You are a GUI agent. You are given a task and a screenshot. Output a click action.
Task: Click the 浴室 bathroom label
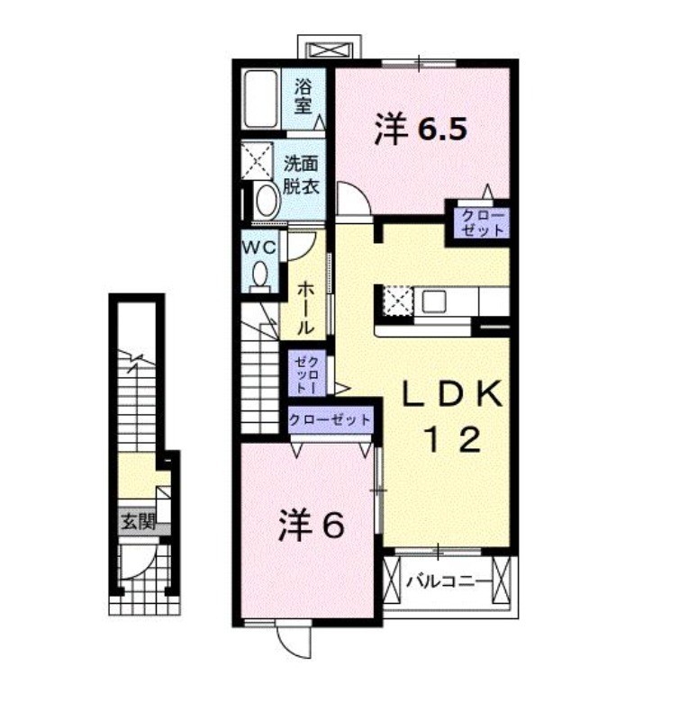click(304, 95)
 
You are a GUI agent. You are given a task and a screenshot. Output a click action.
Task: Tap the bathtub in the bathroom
click(260, 99)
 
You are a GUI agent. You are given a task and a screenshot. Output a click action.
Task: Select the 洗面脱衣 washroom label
click(301, 175)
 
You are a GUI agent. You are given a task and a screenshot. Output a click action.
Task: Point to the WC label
click(259, 247)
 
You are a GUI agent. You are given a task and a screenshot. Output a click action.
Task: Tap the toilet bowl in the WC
click(260, 274)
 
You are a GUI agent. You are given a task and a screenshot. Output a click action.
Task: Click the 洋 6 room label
click(311, 525)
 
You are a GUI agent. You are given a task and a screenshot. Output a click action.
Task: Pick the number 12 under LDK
click(454, 439)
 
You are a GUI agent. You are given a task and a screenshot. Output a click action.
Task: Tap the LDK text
click(452, 394)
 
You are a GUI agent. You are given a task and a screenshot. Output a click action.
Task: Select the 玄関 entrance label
click(138, 521)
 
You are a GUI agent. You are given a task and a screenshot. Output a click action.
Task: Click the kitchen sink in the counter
click(434, 301)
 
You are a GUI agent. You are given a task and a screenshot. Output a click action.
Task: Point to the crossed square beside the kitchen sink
click(399, 301)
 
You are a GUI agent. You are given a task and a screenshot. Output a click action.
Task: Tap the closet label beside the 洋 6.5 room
click(483, 222)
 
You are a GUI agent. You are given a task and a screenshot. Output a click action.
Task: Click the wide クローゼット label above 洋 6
click(330, 419)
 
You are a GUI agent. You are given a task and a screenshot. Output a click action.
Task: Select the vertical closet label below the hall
click(307, 373)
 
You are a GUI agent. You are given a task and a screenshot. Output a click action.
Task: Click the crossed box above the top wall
click(330, 49)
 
